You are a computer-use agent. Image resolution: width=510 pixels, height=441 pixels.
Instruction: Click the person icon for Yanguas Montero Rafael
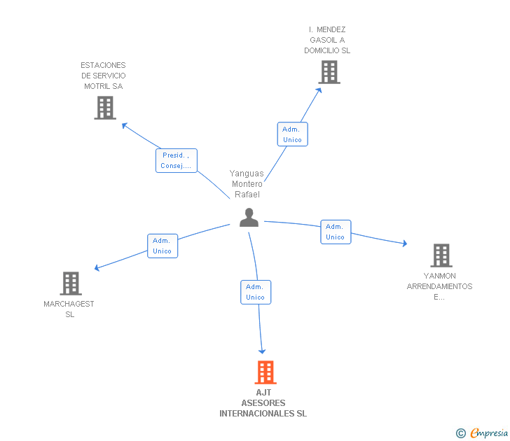(249, 218)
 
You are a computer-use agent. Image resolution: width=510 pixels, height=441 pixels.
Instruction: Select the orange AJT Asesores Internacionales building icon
(265, 372)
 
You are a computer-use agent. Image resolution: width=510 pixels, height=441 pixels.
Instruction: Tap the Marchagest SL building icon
(71, 283)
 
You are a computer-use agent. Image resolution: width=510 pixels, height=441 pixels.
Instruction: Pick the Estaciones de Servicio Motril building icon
(105, 108)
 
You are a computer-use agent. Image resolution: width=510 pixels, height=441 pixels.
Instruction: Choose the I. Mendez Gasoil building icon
(329, 71)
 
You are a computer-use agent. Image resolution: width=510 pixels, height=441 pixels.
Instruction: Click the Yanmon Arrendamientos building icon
(441, 255)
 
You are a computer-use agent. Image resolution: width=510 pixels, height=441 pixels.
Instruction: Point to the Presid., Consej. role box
(176, 160)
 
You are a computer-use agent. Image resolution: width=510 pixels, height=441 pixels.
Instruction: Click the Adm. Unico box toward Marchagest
(162, 246)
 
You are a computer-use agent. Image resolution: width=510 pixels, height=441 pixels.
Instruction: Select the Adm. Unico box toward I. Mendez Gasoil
(292, 134)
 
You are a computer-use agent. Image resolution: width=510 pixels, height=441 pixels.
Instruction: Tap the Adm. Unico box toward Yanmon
(335, 232)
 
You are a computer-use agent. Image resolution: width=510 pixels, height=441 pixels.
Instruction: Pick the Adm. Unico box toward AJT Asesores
(255, 292)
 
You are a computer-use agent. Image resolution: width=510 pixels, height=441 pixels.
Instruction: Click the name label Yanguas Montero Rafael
(247, 184)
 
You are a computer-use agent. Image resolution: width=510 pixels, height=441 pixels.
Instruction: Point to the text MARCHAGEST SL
(69, 309)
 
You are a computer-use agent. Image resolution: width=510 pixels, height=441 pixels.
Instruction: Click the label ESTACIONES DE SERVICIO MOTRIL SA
(103, 76)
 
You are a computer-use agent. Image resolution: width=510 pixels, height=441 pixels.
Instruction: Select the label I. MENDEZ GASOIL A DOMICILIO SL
(327, 40)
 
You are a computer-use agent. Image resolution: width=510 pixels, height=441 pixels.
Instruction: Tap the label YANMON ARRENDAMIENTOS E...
(439, 286)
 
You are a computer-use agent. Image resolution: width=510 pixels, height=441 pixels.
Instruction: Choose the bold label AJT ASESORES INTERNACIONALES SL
(263, 403)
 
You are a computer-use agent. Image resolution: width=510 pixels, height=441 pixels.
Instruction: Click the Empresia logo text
(489, 433)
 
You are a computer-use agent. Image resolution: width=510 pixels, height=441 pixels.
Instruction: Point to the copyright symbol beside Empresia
(460, 433)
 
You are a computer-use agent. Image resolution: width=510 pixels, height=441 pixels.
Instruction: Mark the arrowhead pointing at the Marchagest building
(97, 268)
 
